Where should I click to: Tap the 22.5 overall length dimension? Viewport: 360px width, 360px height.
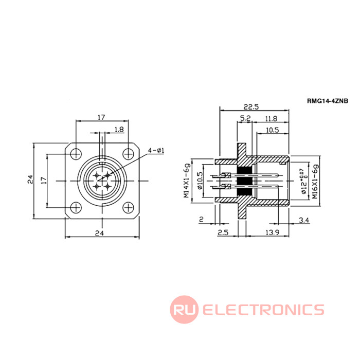253,106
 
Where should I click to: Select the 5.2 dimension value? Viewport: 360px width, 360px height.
245,119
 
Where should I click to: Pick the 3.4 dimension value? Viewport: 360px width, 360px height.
303,221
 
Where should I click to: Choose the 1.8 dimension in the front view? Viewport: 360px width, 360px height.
119,129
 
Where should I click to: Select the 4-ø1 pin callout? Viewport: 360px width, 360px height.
155,150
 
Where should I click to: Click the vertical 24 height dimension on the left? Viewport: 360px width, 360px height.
30,179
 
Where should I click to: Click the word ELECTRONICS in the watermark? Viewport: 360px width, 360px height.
263,310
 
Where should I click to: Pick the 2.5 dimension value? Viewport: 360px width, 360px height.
223,233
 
